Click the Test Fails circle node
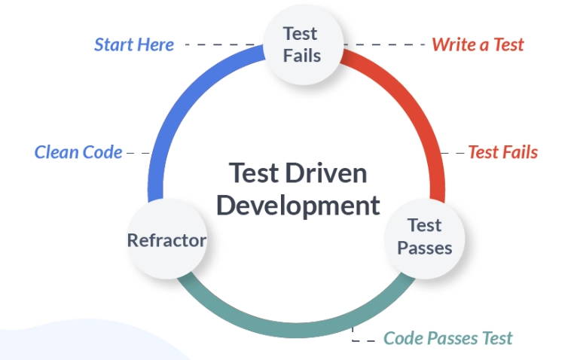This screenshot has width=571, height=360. (301, 44)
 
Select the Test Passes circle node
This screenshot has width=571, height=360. (424, 236)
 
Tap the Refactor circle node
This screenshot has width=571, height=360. (166, 240)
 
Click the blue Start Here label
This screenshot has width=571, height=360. (134, 44)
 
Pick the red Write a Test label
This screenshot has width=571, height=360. (478, 44)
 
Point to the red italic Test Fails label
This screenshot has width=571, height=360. (502, 152)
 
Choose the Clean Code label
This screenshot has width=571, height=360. (78, 152)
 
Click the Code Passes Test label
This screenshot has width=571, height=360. (447, 338)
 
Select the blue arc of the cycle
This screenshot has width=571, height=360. (177, 113)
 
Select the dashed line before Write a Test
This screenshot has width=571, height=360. (389, 44)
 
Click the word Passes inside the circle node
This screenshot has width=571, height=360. (424, 248)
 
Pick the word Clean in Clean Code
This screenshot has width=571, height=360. (56, 152)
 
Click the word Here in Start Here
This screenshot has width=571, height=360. (156, 44)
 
